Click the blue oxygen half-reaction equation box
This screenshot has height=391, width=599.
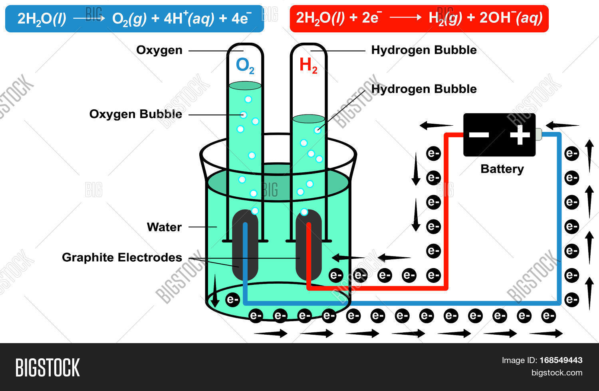(x=134, y=18)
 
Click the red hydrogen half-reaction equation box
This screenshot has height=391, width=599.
(x=419, y=18)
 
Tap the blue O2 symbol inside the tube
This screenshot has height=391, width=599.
(x=245, y=66)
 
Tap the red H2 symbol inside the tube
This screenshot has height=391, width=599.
(x=308, y=66)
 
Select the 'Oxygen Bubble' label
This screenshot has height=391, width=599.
(x=135, y=114)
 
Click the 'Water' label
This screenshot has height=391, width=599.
(x=164, y=227)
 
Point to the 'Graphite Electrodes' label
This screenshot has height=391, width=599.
(x=122, y=257)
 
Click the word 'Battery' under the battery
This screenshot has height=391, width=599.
(x=502, y=169)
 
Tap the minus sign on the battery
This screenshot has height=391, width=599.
(x=479, y=135)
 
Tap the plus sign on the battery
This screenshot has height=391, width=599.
(x=520, y=135)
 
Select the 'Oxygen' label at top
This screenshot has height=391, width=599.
(x=159, y=50)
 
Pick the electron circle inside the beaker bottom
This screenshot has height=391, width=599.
(x=232, y=299)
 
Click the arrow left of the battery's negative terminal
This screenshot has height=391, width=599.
(x=436, y=126)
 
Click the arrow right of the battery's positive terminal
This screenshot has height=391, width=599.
(x=562, y=126)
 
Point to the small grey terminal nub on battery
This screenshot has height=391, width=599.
(x=538, y=134)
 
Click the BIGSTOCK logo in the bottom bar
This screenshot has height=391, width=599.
(x=48, y=367)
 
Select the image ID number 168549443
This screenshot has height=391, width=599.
(x=561, y=360)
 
